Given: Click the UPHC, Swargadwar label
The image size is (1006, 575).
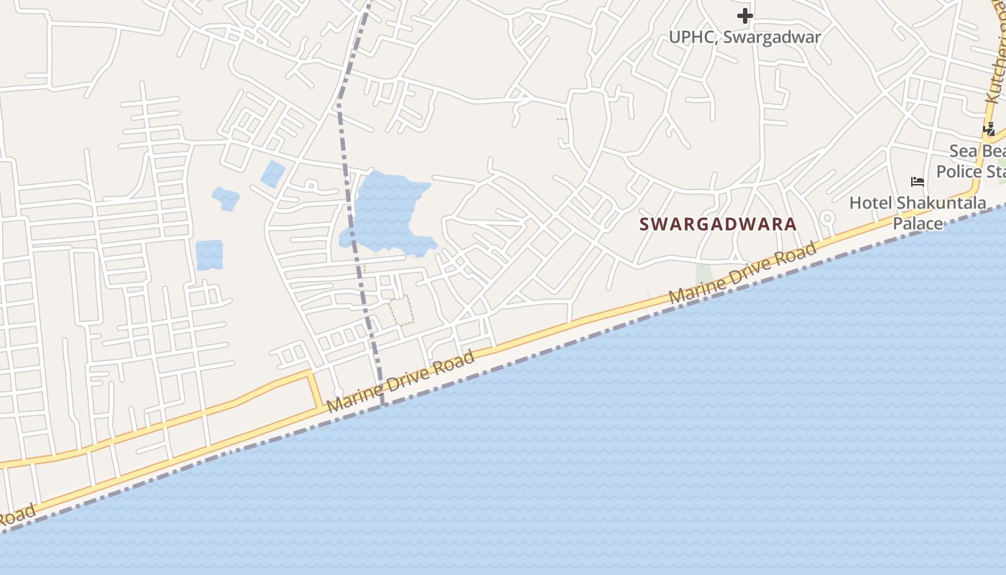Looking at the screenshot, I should [x=744, y=37].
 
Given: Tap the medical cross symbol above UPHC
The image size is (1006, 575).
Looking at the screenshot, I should [x=744, y=15].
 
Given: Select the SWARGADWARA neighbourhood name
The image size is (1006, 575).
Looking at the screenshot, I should [x=718, y=224].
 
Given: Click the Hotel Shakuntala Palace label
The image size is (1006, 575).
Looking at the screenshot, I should [x=918, y=213].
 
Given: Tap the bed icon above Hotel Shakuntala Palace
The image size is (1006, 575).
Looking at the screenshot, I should [x=917, y=182].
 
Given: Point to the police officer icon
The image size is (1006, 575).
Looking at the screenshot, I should [x=989, y=129].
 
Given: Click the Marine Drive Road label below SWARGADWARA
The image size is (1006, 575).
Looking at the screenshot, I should [x=742, y=273].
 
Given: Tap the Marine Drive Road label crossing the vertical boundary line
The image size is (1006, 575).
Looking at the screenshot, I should [x=400, y=382].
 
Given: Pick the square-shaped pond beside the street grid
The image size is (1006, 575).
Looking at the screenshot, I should [x=209, y=255].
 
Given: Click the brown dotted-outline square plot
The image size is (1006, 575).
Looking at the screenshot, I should [x=402, y=310].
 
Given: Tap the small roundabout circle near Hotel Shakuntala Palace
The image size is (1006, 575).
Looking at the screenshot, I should [x=827, y=217].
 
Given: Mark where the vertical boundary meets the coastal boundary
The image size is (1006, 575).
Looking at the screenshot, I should [x=383, y=405].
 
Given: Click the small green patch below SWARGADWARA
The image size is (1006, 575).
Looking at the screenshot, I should [x=704, y=275].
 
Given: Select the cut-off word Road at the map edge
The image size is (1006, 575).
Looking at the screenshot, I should [x=16, y=515].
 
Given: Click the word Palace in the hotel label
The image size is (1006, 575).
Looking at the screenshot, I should [x=918, y=224].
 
